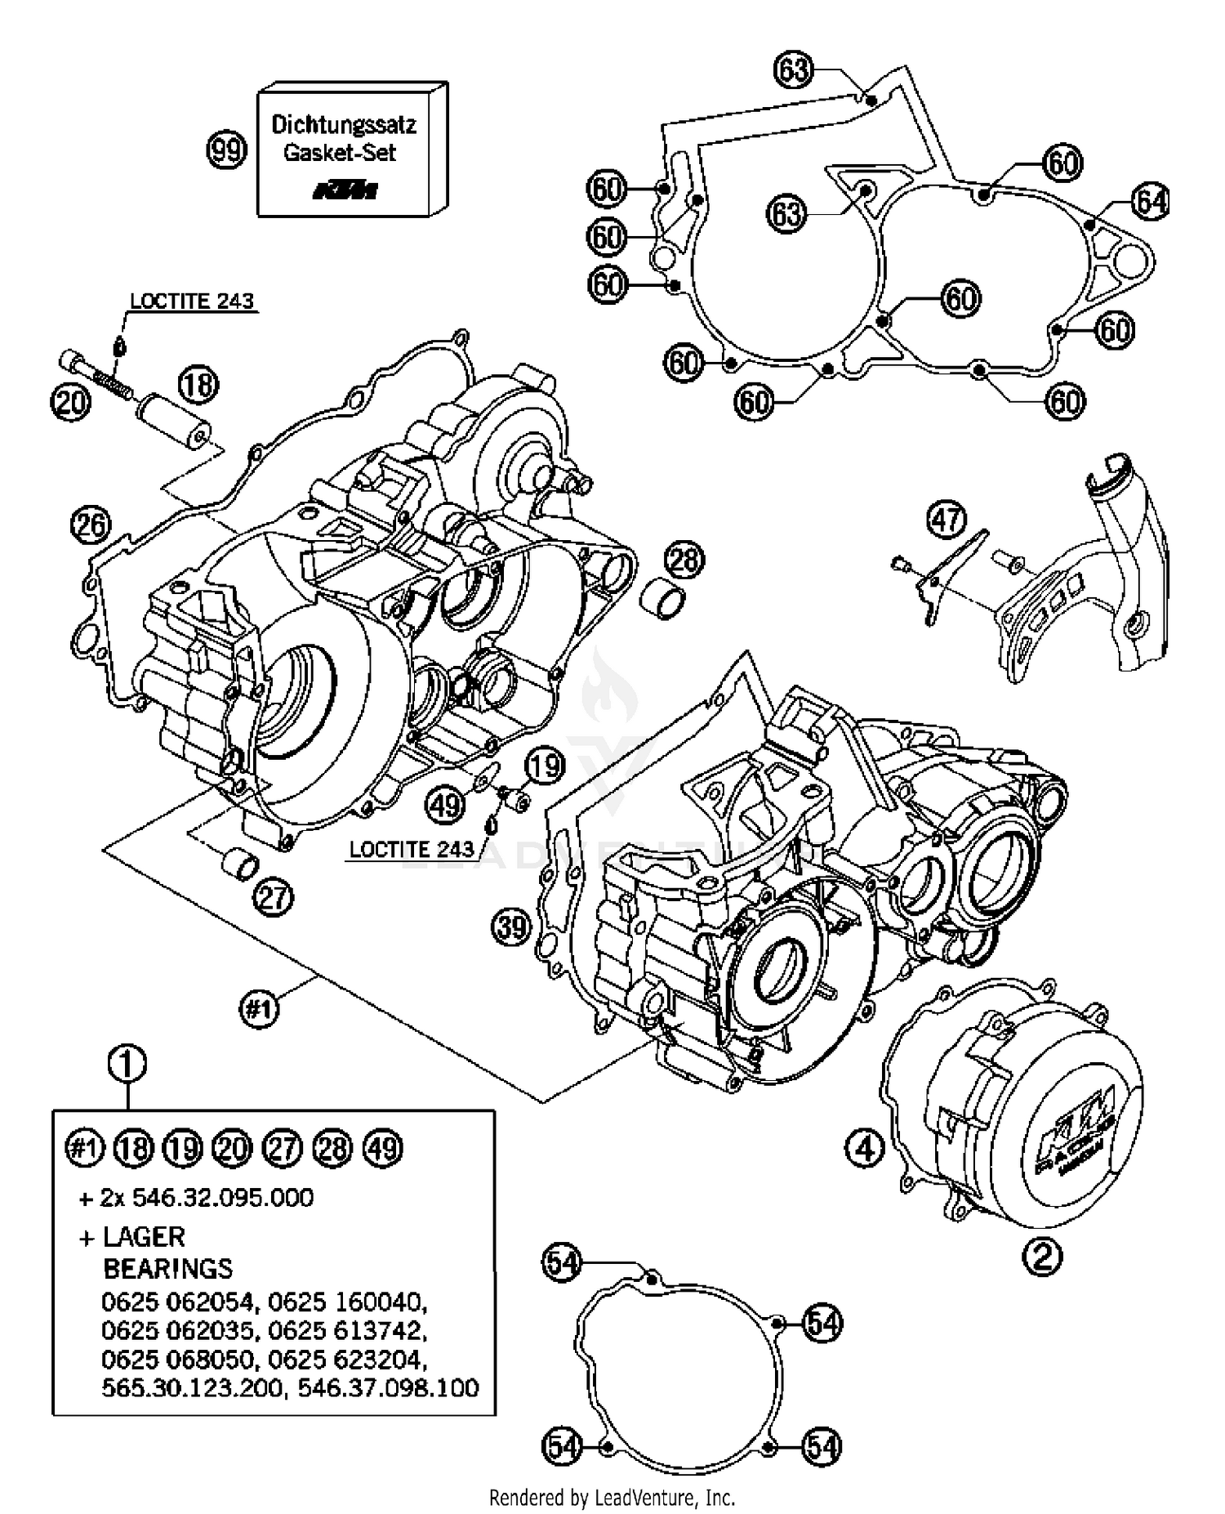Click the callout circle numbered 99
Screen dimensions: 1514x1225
(x=226, y=151)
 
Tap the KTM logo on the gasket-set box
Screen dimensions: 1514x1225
(x=345, y=191)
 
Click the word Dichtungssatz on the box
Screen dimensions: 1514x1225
(x=344, y=125)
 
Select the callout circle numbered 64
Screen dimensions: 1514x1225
(x=1150, y=201)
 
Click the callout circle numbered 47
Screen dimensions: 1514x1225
(x=947, y=520)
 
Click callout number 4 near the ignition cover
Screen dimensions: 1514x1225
(x=865, y=1149)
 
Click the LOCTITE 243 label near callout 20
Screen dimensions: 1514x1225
(x=192, y=301)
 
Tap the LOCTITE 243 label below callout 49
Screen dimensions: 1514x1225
(x=412, y=849)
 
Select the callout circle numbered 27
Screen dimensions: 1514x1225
(x=274, y=898)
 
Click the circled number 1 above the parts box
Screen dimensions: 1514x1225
(x=127, y=1065)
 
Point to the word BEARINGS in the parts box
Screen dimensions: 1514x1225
(x=167, y=1269)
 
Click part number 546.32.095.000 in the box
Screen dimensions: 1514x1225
(x=222, y=1198)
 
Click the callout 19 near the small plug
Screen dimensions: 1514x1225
(x=545, y=766)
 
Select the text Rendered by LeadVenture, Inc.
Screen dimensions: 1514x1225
(x=612, y=1498)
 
